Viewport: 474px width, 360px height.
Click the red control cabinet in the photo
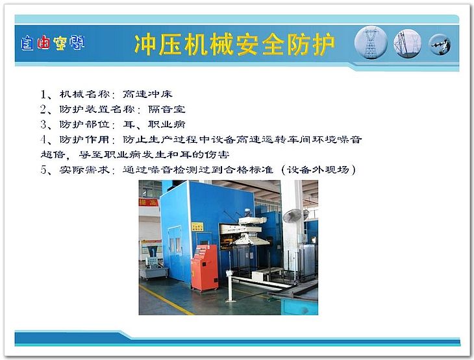coord(205,268)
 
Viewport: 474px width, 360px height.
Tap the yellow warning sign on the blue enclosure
coord(197,227)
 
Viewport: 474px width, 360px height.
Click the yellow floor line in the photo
coord(166,299)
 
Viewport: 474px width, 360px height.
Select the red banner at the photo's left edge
coord(149,202)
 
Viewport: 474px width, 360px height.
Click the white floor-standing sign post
coord(230,285)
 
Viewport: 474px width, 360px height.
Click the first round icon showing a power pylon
coord(371,43)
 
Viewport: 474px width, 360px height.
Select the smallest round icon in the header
coord(440,44)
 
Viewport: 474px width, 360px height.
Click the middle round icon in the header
coord(407,43)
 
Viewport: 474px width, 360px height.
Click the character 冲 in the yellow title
coord(145,45)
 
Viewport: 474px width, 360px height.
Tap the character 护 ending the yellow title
coord(324,45)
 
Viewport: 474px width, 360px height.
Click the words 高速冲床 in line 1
coord(147,94)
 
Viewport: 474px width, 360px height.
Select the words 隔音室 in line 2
coord(167,110)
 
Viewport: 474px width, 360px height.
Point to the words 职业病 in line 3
coord(167,125)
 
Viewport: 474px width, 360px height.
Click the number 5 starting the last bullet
coord(44,170)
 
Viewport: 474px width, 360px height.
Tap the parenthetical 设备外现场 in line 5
coord(318,170)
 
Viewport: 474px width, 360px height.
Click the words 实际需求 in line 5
coord(84,170)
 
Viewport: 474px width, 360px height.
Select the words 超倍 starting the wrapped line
coord(53,154)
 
